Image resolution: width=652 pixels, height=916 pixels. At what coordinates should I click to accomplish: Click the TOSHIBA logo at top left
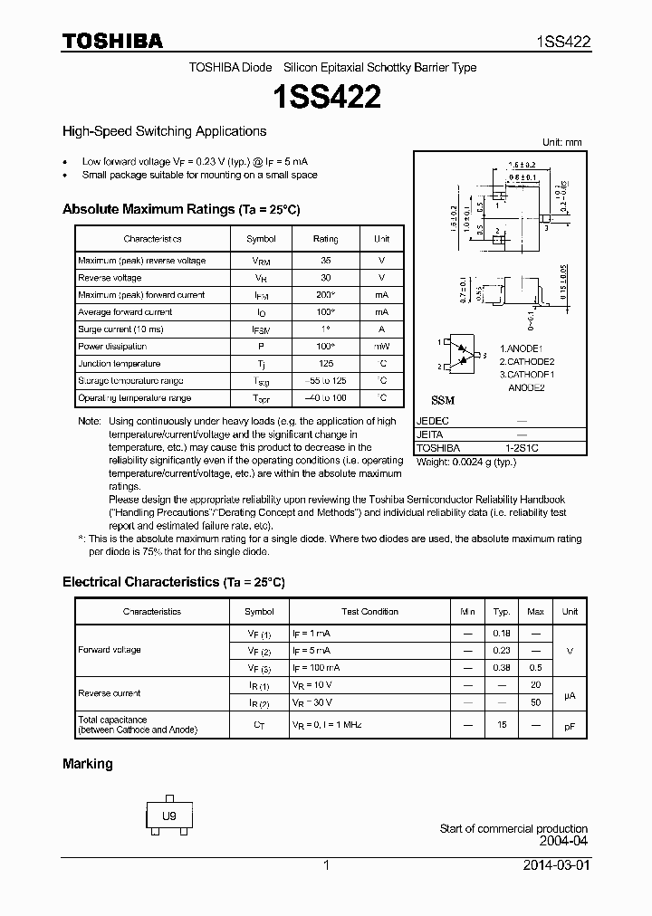point(112,42)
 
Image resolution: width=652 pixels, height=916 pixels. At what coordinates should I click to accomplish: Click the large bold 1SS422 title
point(326,97)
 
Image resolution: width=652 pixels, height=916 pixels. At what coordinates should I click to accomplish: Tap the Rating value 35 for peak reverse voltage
point(325,261)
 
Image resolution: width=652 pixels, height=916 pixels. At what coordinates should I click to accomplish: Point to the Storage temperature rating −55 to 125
point(325,381)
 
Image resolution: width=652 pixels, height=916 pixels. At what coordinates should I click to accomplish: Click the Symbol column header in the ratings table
point(261,239)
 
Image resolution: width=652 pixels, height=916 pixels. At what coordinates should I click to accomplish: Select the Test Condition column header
point(369,612)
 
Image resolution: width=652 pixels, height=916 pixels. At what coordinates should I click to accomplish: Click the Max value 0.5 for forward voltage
point(535,667)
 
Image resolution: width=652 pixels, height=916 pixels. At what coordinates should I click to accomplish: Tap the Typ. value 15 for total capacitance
point(502,726)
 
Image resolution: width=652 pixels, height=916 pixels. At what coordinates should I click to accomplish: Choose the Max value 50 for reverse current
point(535,702)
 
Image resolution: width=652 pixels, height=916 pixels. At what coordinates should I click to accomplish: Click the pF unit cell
point(570,726)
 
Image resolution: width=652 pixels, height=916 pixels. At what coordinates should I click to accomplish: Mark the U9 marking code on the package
point(168,816)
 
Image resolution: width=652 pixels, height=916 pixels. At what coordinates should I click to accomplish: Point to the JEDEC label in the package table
point(432,421)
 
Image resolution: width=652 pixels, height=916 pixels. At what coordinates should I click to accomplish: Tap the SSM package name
point(443,400)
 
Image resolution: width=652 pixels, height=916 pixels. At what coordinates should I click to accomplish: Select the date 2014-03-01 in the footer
point(555,864)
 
